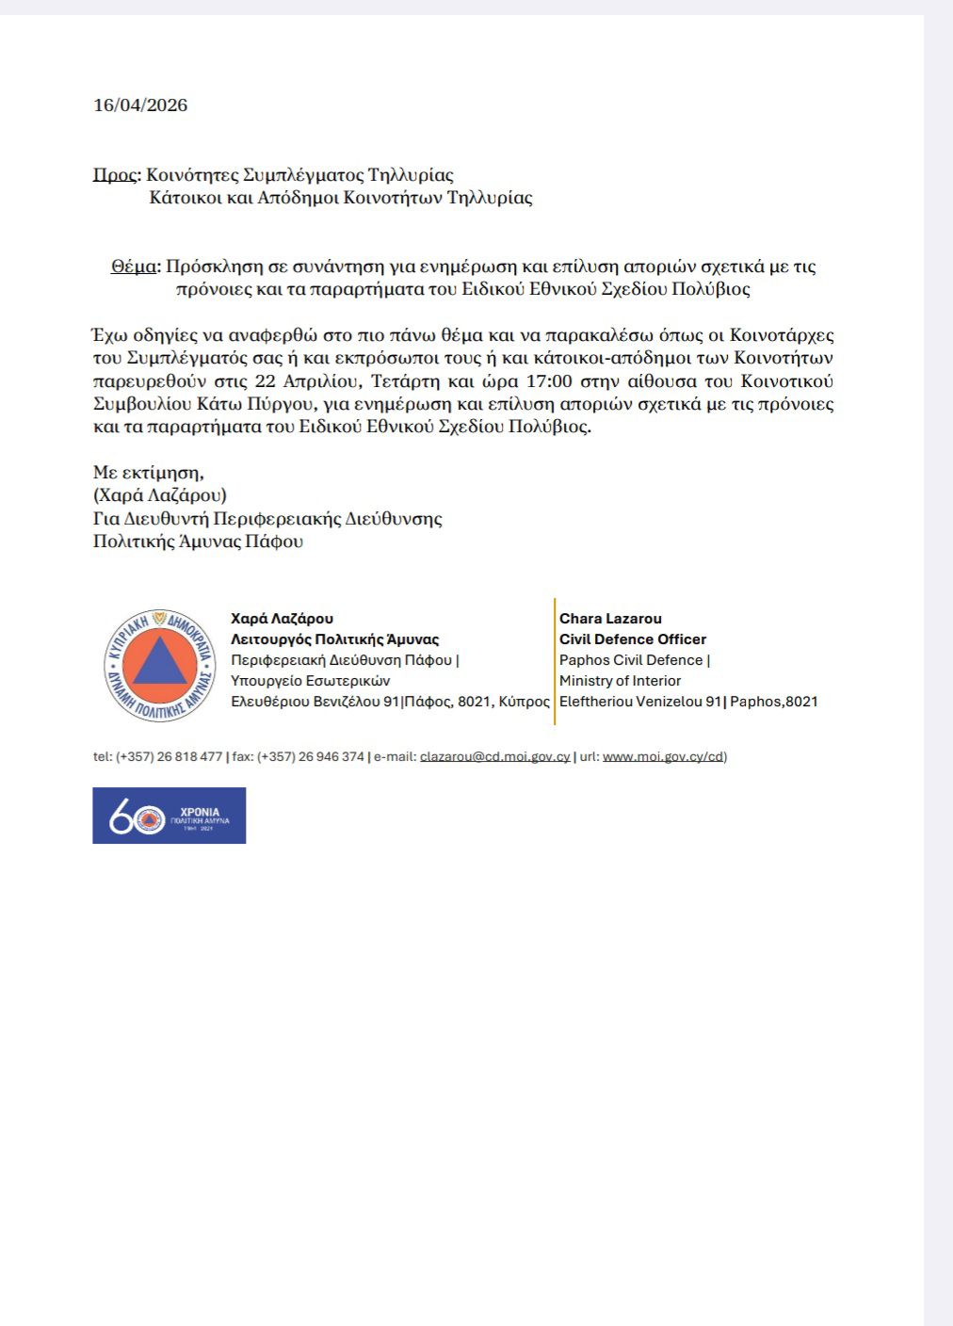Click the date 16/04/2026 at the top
(x=140, y=105)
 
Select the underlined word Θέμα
(x=133, y=267)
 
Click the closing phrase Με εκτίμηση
(x=148, y=473)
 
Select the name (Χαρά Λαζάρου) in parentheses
(x=159, y=495)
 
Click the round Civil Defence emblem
(x=159, y=665)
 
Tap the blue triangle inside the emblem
(x=159, y=662)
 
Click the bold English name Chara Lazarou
(x=610, y=619)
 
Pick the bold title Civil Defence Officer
(x=632, y=639)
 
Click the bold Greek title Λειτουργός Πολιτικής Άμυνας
(x=334, y=639)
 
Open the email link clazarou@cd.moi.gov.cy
(x=494, y=757)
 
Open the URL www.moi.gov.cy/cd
(x=663, y=757)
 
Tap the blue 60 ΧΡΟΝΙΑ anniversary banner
(x=169, y=816)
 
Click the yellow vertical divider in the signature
(x=555, y=661)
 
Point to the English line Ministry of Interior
(x=620, y=681)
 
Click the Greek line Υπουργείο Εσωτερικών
(x=310, y=681)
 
